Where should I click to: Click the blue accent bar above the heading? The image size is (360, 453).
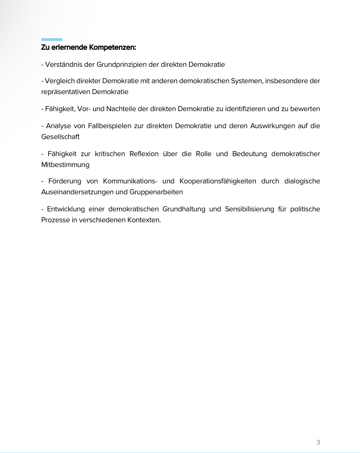tap(52, 40)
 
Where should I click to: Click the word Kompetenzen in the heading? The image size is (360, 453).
tap(112, 47)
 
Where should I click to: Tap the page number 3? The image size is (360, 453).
tap(318, 442)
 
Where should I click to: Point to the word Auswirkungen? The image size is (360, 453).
tap(272, 126)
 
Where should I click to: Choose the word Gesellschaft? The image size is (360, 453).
tap(60, 137)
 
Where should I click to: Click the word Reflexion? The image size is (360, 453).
tap(144, 154)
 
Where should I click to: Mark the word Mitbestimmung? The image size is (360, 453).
tap(65, 165)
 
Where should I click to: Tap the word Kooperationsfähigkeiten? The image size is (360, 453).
tap(218, 181)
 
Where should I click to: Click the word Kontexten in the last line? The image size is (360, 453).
tap(144, 220)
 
